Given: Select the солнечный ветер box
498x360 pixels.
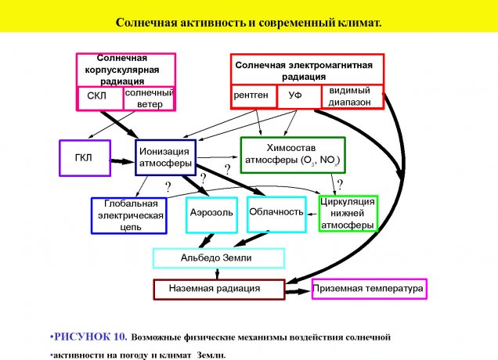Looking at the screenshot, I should coord(149,98).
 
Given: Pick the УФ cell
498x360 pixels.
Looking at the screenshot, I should coord(295,95).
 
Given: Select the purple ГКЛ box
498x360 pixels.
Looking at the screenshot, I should coord(84,158).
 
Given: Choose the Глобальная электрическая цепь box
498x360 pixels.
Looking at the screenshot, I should coord(128,215).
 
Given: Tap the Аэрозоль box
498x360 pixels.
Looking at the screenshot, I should coord(211,213).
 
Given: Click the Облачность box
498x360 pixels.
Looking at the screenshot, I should coord(276,212).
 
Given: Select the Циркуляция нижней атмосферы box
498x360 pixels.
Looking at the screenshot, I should coord(348,213).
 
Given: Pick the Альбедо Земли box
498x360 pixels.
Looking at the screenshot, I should coord(218,257).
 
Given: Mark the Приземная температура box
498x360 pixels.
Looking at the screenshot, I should coord(369,289).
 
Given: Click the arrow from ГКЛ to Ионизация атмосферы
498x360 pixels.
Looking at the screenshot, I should coord(122,160).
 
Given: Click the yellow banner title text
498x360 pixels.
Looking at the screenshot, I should coord(248,23).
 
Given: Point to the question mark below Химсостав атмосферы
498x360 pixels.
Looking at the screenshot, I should coord(339,185).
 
